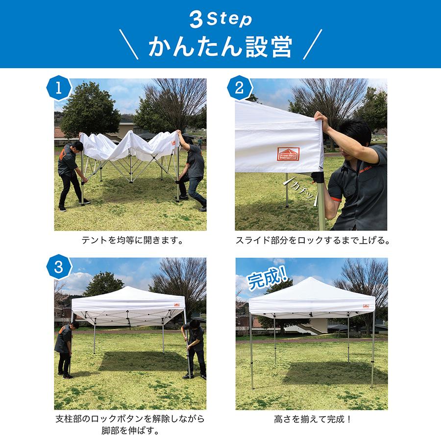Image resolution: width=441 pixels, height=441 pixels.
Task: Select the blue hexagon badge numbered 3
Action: pos(59,268)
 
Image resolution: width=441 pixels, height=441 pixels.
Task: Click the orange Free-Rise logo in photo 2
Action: pos(289,153)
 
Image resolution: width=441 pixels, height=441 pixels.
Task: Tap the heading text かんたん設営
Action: pos(220,47)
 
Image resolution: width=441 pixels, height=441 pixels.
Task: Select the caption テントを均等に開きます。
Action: pos(130,241)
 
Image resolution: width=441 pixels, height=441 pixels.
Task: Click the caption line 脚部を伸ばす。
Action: pos(130,432)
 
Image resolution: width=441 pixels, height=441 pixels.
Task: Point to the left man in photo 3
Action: pos(65,349)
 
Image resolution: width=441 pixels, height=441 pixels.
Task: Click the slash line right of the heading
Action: pos(313,45)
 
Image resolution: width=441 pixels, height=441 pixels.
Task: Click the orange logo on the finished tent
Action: pos(366,306)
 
